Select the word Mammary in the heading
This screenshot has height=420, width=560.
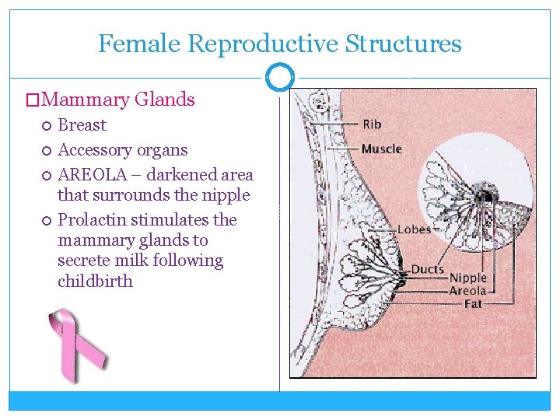point(86,100)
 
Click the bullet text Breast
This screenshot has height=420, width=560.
point(82,125)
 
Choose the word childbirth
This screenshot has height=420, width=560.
point(95,281)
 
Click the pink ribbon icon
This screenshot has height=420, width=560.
point(76,346)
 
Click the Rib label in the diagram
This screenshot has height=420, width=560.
point(372,124)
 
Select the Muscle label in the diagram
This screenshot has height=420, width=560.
point(381,149)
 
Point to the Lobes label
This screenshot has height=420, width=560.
point(415,229)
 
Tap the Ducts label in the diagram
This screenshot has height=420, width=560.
point(427,270)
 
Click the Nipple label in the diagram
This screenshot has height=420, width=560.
point(468,278)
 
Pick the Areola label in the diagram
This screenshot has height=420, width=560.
point(468,291)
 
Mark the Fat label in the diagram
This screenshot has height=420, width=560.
point(473,303)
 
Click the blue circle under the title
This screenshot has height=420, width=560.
point(280,77)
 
